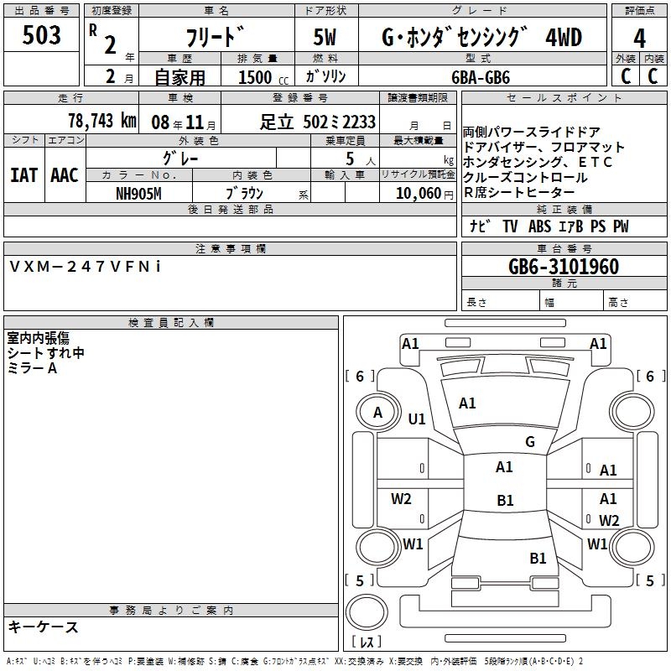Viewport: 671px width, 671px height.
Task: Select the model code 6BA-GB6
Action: pyautogui.click(x=481, y=75)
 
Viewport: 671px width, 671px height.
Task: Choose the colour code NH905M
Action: pyautogui.click(x=138, y=192)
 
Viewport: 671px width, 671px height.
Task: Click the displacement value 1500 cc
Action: pyautogui.click(x=258, y=76)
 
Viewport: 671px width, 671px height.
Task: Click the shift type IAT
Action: pyautogui.click(x=23, y=175)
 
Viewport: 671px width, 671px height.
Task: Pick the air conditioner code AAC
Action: pyautogui.click(x=65, y=175)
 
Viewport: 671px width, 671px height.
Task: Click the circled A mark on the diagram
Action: pyautogui.click(x=377, y=413)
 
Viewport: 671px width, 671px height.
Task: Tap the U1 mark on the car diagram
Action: pyautogui.click(x=417, y=419)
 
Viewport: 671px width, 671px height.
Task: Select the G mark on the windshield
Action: pyautogui.click(x=530, y=441)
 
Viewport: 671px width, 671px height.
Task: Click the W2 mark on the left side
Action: pyautogui.click(x=401, y=499)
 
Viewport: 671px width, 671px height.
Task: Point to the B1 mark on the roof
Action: pyautogui.click(x=505, y=500)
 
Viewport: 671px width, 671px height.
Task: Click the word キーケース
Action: pyautogui.click(x=43, y=627)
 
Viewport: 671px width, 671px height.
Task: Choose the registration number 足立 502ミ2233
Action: pyautogui.click(x=317, y=122)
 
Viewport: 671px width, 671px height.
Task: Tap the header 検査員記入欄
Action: pyautogui.click(x=171, y=322)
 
